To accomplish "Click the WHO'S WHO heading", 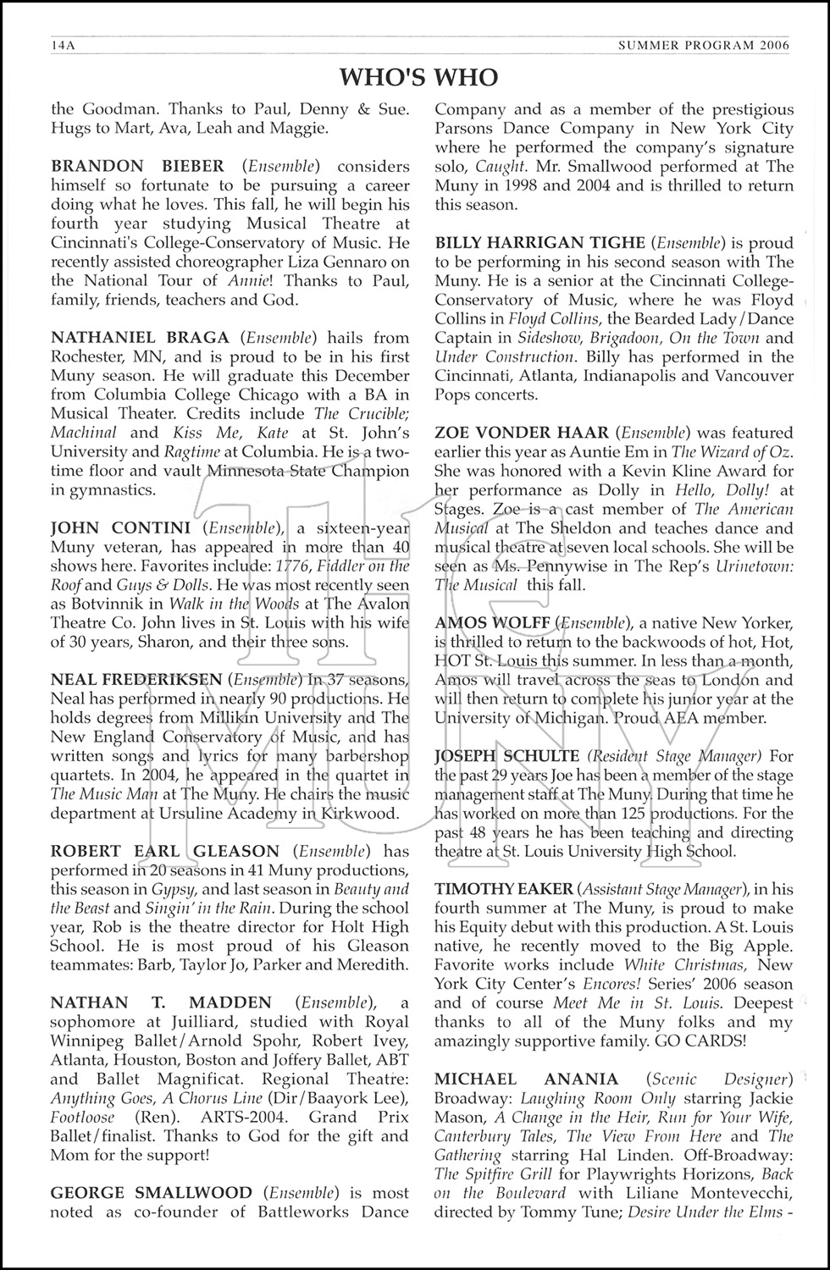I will pyautogui.click(x=418, y=78).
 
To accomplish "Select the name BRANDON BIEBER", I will pyautogui.click(x=138, y=166).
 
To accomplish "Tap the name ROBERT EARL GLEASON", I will pyautogui.click(x=165, y=851).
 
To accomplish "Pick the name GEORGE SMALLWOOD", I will pyautogui.click(x=152, y=1193).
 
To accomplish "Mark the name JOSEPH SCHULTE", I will pyautogui.click(x=494, y=755).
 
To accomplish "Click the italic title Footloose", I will pyautogui.click(x=85, y=1118).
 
